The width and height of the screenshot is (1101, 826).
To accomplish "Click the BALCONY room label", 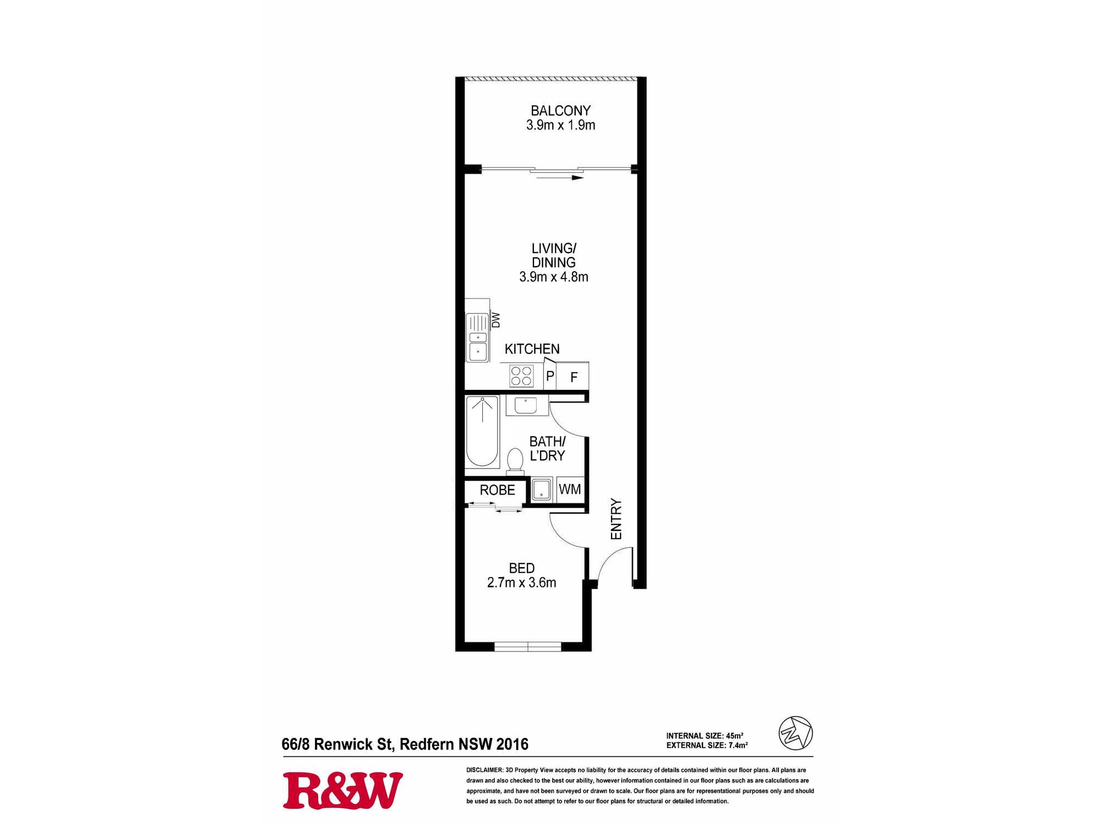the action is pyautogui.click(x=560, y=111).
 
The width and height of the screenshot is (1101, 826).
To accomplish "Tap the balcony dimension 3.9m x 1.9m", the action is pyautogui.click(x=560, y=125).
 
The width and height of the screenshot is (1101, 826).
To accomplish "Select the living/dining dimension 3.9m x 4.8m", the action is pyautogui.click(x=554, y=277).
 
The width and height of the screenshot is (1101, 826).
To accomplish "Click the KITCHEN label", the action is pyautogui.click(x=532, y=349).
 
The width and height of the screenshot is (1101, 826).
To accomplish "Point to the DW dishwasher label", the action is pyautogui.click(x=496, y=320).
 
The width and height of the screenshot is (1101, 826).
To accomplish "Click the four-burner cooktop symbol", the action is pyautogui.click(x=521, y=376).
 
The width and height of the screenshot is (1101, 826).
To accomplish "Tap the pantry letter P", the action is pyautogui.click(x=550, y=377).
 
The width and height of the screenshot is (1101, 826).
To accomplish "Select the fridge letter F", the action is pyautogui.click(x=574, y=377).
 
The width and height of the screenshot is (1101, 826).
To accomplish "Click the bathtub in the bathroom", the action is pyautogui.click(x=482, y=431).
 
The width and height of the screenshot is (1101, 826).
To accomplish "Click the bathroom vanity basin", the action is pyautogui.click(x=526, y=405).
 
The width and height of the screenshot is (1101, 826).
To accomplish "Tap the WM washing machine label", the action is pyautogui.click(x=570, y=490).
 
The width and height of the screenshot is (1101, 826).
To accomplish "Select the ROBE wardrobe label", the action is pyautogui.click(x=498, y=490).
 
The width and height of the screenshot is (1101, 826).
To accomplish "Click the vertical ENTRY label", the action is pyautogui.click(x=617, y=519).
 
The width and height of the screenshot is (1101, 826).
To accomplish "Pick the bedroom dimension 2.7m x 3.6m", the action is pyautogui.click(x=522, y=583).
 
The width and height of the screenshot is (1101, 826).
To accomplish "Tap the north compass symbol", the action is pyautogui.click(x=795, y=733).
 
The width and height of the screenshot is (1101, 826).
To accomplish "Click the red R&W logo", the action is pyautogui.click(x=343, y=791).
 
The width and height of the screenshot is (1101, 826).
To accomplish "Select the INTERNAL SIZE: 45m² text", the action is pyautogui.click(x=705, y=736).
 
